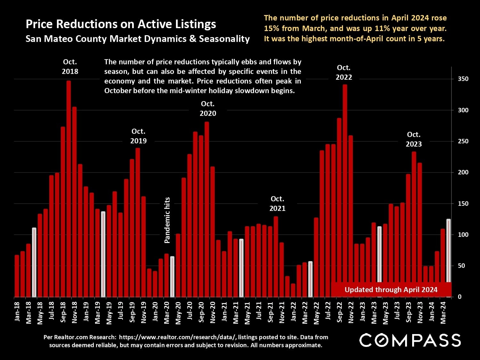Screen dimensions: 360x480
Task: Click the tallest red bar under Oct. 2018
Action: click(x=68, y=189)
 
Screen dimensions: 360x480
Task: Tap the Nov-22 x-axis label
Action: click(x=351, y=312)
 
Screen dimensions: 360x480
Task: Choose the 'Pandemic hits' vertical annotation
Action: click(x=167, y=220)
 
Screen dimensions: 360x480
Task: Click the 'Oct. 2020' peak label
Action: click(x=208, y=108)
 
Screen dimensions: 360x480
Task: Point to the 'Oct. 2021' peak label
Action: click(x=277, y=204)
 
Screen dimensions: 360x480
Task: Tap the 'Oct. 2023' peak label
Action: click(x=413, y=139)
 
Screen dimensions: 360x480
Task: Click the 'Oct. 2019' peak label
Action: click(x=138, y=136)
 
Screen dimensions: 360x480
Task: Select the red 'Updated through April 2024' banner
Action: click(x=391, y=290)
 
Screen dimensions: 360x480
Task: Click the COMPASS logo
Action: click(x=410, y=340)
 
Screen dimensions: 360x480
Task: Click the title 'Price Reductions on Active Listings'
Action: click(x=121, y=24)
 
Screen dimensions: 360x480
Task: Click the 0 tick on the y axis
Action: click(x=460, y=297)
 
